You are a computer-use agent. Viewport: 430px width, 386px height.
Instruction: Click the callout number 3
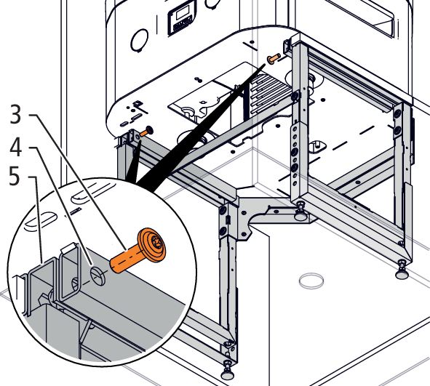tap(15, 113)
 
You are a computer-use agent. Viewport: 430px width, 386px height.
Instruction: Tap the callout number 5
tap(15, 177)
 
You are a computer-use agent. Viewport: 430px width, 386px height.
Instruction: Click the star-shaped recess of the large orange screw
tap(157, 242)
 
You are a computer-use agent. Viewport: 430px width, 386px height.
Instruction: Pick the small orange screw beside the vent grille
tap(274, 58)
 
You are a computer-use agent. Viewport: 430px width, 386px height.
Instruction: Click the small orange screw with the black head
tap(146, 132)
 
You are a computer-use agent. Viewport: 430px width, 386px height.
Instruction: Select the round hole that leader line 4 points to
tap(98, 276)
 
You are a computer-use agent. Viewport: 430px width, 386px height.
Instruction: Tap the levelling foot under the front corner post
tap(228, 371)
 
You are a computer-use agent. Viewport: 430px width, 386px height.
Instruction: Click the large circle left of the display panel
tap(139, 40)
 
